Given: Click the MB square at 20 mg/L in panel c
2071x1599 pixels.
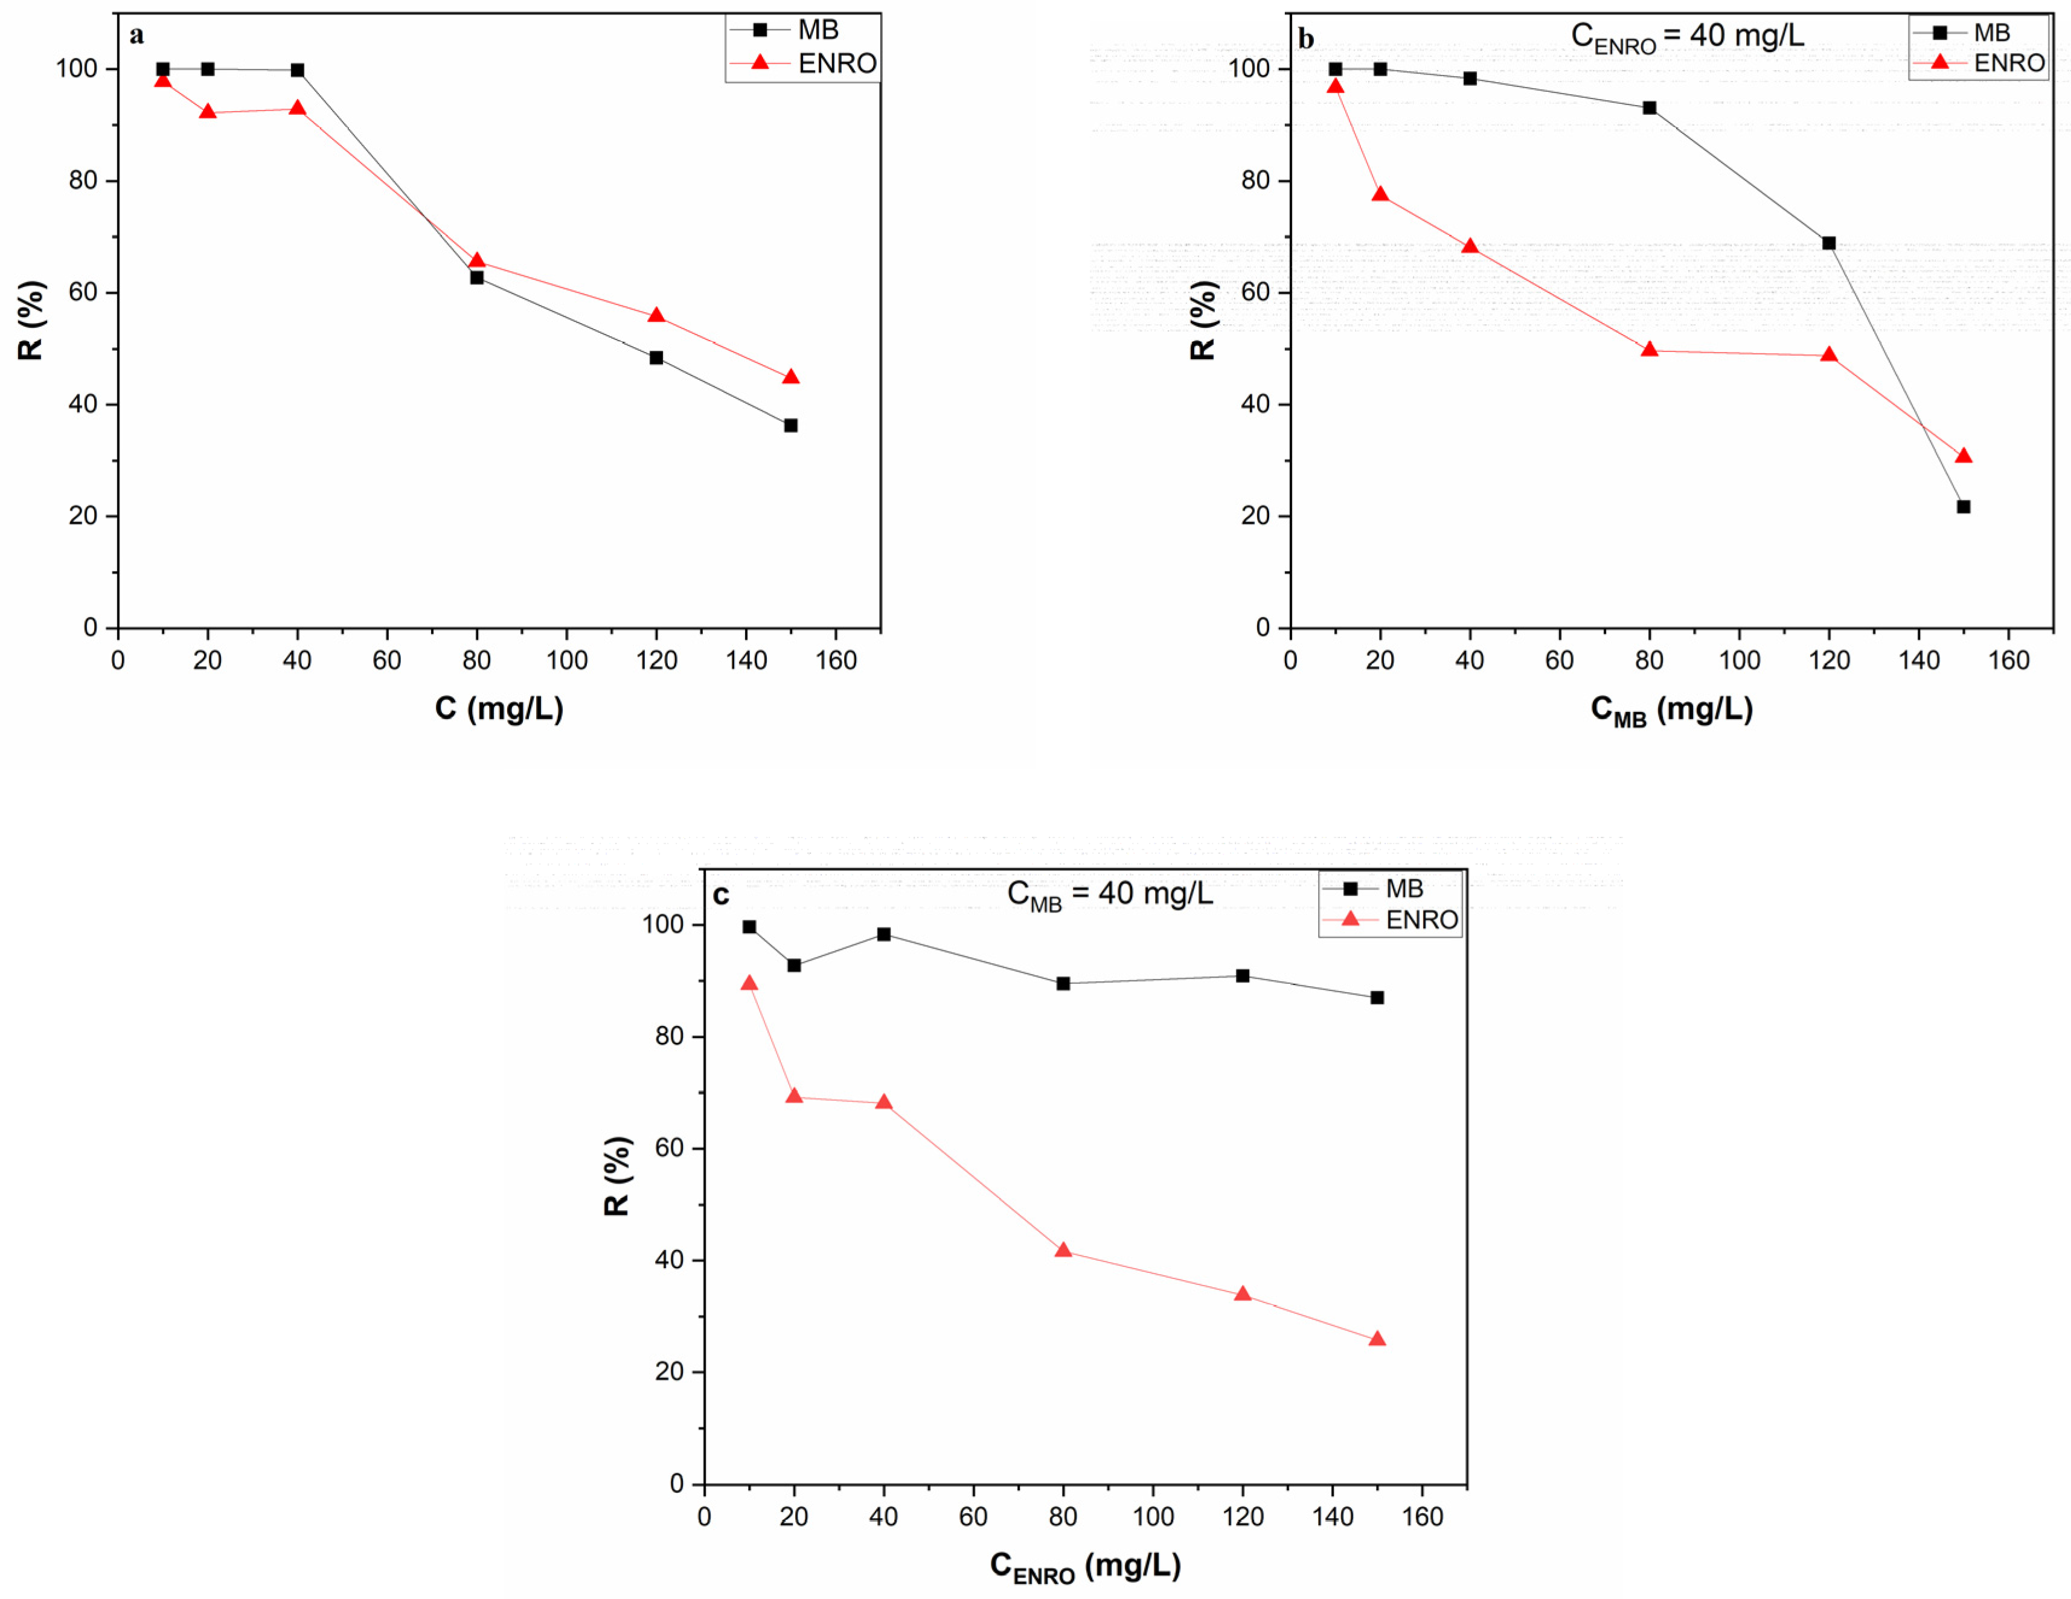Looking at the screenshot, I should pyautogui.click(x=795, y=966).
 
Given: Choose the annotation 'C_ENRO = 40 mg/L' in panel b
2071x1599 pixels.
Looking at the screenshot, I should pyautogui.click(x=1688, y=37).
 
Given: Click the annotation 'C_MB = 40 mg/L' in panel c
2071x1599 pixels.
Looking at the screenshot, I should pyautogui.click(x=1110, y=893).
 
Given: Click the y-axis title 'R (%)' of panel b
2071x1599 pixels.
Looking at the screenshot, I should pyautogui.click(x=1202, y=321).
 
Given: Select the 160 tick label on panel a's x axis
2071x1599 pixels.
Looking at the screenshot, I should pyautogui.click(x=836, y=660).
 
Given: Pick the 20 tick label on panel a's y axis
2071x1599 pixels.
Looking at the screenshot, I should pyautogui.click(x=83, y=516).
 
